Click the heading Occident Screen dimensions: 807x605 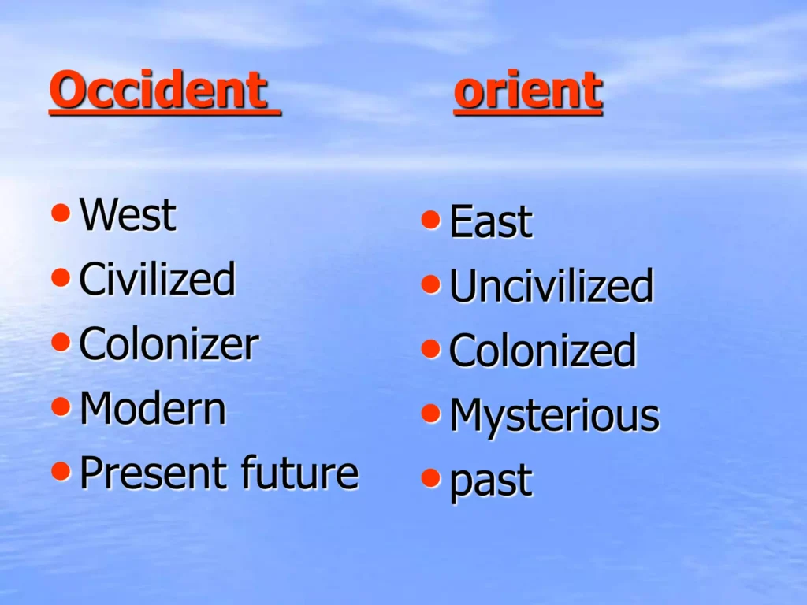pyautogui.click(x=158, y=90)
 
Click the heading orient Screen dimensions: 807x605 pyautogui.click(x=528, y=90)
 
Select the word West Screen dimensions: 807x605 pyautogui.click(x=128, y=214)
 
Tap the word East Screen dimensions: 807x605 pyautogui.click(x=491, y=221)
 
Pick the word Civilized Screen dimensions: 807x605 pyautogui.click(x=158, y=279)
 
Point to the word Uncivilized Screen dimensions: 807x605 pyautogui.click(x=551, y=285)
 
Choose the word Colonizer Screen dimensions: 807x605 pyautogui.click(x=169, y=343)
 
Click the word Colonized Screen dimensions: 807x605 pyautogui.click(x=542, y=350)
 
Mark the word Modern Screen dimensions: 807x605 pyautogui.click(x=153, y=409)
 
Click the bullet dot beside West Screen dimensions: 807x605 pyautogui.click(x=61, y=213)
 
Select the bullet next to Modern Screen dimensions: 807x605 pyautogui.click(x=61, y=406)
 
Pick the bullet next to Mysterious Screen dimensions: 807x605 pyautogui.click(x=431, y=413)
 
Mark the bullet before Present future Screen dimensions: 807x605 pyautogui.click(x=61, y=471)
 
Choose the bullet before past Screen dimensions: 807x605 pyautogui.click(x=431, y=477)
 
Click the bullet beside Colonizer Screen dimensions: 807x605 pyautogui.click(x=61, y=342)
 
